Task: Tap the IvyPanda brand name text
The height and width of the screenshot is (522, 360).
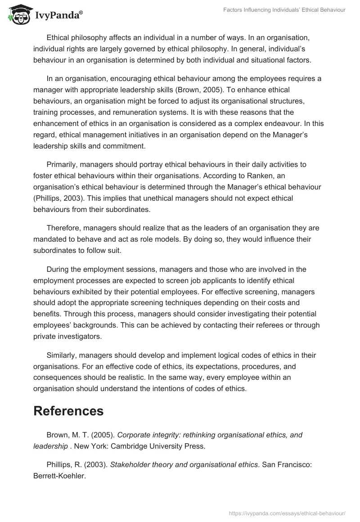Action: click(x=58, y=16)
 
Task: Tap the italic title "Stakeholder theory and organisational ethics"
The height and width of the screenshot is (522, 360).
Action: click(x=178, y=466)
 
